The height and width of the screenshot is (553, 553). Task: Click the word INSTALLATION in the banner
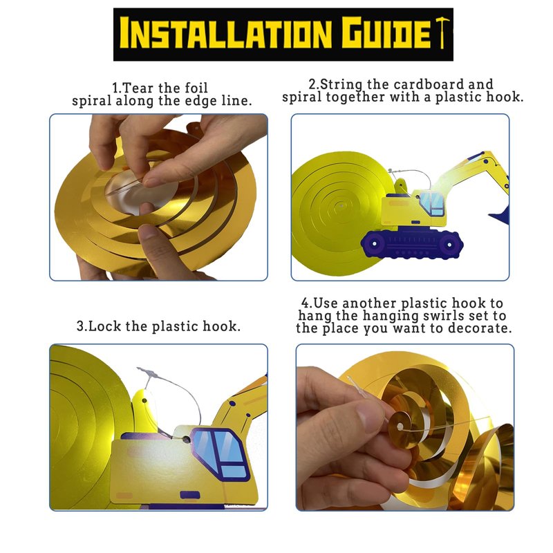[226, 34]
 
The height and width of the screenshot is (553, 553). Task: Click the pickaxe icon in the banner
[442, 32]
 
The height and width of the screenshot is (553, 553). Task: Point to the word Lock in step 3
[105, 326]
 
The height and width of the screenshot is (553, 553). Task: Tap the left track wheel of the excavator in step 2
[375, 243]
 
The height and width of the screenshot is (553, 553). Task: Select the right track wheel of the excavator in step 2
[449, 244]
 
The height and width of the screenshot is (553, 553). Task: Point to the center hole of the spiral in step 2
[341, 205]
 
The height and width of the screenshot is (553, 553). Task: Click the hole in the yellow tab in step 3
[144, 401]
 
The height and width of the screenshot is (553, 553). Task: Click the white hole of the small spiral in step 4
[400, 427]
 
